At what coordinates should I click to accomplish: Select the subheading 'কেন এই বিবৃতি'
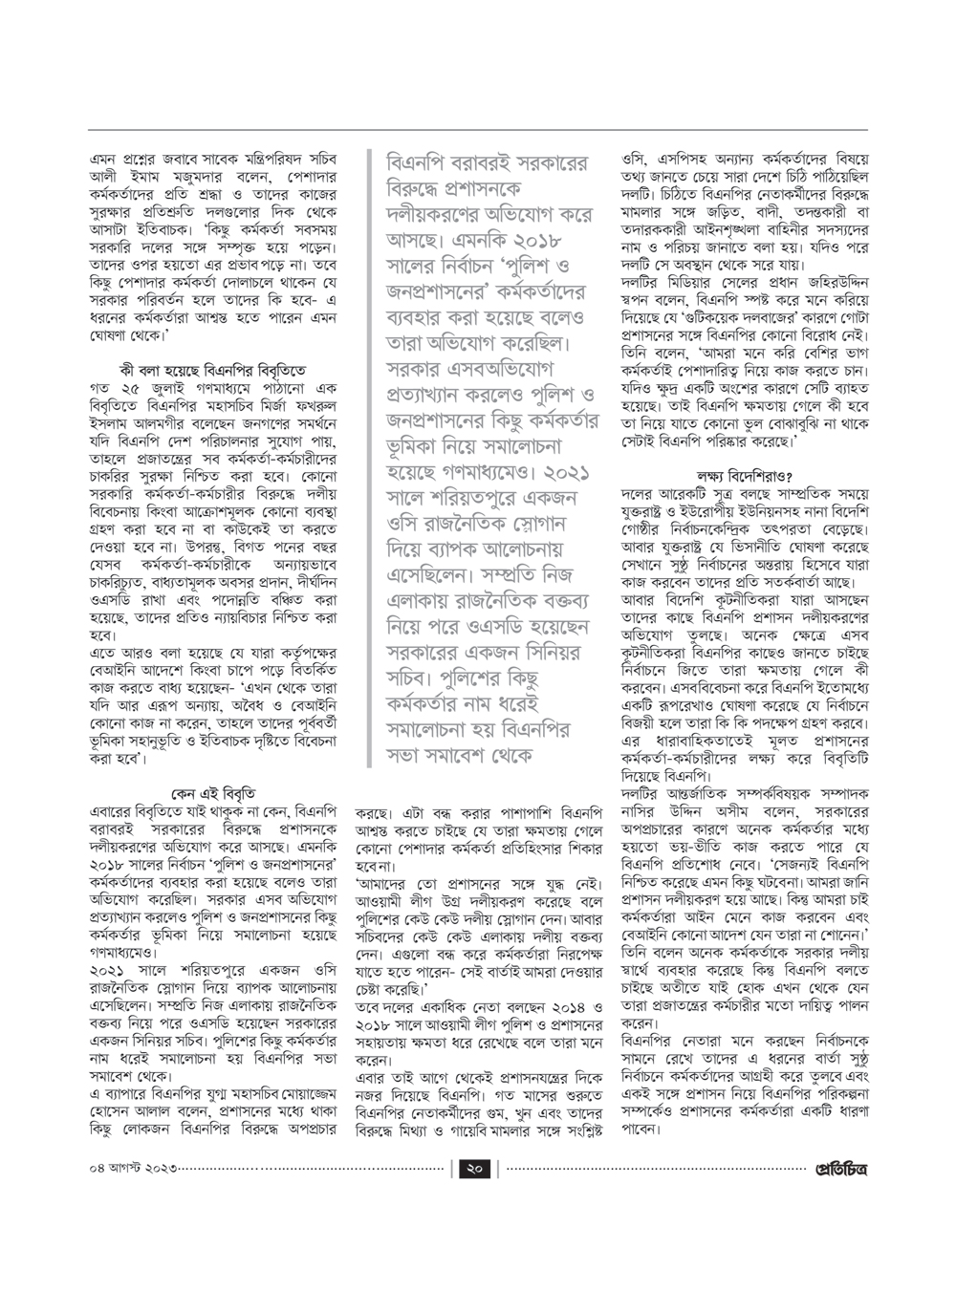[x=212, y=792]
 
